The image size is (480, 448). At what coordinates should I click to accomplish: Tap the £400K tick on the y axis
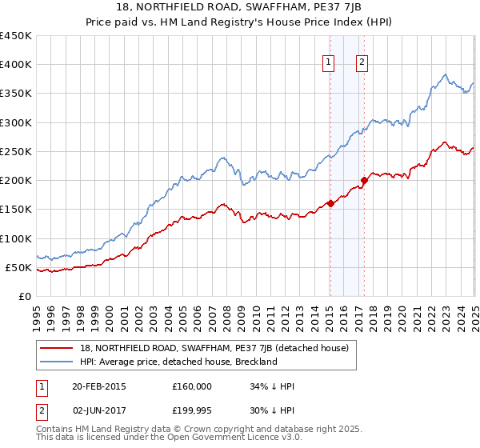pyautogui.click(x=16, y=65)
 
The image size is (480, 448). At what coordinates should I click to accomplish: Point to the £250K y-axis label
pyautogui.click(x=16, y=151)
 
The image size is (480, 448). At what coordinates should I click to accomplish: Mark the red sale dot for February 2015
pyautogui.click(x=330, y=203)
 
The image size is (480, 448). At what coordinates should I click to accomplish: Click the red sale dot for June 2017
pyautogui.click(x=363, y=180)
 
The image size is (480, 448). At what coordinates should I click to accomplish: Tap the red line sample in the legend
pyautogui.click(x=56, y=349)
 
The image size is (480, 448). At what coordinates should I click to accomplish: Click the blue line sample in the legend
pyautogui.click(x=56, y=362)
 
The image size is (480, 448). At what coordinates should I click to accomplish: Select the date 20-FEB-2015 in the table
pyautogui.click(x=99, y=386)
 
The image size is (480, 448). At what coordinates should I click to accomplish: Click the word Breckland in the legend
pyautogui.click(x=254, y=362)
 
